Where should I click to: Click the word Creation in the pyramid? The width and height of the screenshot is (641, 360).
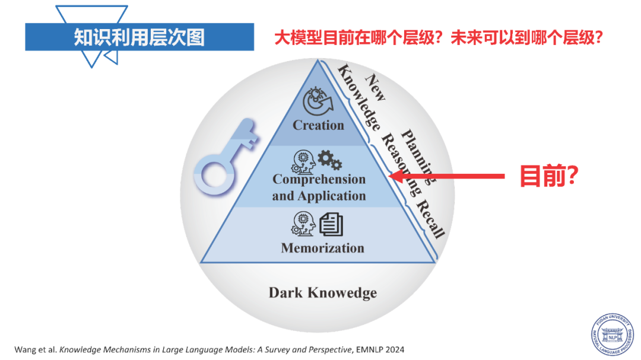[319, 125]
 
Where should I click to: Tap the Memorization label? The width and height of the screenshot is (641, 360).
[322, 248]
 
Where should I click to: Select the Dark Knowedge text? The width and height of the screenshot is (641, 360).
[322, 292]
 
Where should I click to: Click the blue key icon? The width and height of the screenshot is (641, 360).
[225, 157]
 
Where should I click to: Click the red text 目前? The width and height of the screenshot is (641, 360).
[548, 176]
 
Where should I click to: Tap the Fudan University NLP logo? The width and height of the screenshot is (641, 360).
[612, 334]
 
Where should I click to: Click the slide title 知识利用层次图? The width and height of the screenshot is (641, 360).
[139, 37]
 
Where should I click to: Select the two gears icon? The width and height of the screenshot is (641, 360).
[330, 160]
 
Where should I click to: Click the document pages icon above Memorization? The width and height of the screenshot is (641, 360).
[331, 224]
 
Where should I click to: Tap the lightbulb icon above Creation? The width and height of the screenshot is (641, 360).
[318, 102]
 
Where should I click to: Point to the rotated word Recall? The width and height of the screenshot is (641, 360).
[430, 219]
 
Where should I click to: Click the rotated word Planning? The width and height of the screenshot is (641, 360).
[417, 157]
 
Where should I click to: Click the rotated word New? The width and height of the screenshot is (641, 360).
[375, 87]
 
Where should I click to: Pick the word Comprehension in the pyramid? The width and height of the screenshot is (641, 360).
[319, 179]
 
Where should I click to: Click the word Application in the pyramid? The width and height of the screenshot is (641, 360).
[332, 196]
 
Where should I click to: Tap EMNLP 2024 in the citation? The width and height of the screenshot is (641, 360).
[380, 350]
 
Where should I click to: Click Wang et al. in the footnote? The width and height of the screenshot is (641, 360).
[36, 350]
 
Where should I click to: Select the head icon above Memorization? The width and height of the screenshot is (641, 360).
[303, 224]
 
